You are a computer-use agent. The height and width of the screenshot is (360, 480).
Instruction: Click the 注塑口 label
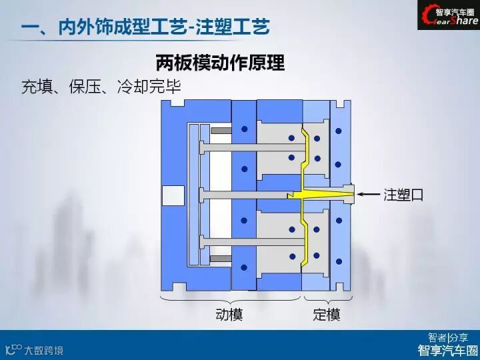tap(403, 195)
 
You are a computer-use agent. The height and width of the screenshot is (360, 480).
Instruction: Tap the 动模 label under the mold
tap(229, 314)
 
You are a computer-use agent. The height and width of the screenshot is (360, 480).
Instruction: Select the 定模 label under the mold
tap(326, 314)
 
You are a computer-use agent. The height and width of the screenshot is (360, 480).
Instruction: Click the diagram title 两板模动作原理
tap(220, 63)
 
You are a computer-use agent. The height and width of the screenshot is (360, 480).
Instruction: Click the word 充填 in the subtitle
tap(38, 87)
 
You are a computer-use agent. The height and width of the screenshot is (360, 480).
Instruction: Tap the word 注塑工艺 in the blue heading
tap(233, 28)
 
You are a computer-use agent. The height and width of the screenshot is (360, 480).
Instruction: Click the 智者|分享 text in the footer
tap(448, 337)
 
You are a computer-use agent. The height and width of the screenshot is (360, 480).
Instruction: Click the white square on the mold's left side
tap(169, 194)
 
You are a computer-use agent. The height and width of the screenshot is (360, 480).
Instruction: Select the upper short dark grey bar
tap(221, 131)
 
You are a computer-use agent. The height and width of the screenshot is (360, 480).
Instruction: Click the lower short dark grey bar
tap(221, 259)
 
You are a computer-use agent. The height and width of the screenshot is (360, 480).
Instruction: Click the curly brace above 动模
tap(231, 298)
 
